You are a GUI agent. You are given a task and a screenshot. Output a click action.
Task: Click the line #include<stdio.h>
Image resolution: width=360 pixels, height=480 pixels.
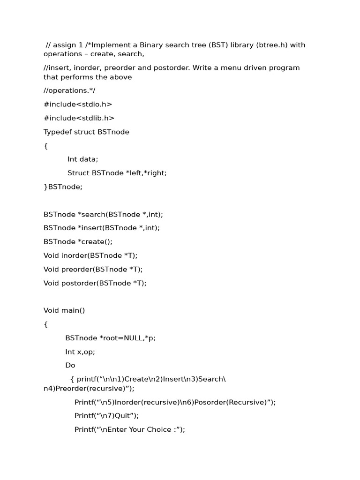tap(78, 105)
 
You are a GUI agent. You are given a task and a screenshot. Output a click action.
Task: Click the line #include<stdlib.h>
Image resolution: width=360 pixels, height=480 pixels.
tap(79, 118)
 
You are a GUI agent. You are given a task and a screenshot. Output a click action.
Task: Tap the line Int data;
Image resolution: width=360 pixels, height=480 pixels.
tap(82, 159)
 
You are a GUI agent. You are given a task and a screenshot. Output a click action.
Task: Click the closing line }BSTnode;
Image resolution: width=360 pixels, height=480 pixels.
tap(63, 187)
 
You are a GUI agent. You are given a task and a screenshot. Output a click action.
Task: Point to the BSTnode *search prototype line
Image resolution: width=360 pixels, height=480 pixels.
tap(103, 214)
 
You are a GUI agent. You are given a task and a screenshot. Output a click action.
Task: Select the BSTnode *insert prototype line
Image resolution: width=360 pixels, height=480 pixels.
tap(102, 228)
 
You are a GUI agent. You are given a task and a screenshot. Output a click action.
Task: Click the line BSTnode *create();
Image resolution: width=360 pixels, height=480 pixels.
tap(78, 242)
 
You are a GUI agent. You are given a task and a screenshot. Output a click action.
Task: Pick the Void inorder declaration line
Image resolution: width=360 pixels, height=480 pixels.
tap(90, 255)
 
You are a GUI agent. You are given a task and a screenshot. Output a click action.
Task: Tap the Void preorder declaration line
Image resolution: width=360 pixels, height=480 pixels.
tap(93, 269)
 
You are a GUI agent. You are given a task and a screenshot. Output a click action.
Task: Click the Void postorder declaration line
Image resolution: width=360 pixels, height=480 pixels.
tap(95, 283)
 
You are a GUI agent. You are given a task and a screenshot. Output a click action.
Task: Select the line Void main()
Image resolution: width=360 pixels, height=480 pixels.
tap(64, 310)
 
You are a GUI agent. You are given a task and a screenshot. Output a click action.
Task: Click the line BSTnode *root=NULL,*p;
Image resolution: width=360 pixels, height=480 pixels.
tap(110, 338)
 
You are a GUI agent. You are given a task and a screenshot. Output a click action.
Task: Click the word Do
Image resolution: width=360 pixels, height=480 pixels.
tap(70, 365)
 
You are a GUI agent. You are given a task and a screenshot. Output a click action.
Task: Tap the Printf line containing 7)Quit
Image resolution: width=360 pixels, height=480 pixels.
tap(107, 415)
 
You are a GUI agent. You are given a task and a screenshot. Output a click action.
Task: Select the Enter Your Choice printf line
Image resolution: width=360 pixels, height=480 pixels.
tap(130, 429)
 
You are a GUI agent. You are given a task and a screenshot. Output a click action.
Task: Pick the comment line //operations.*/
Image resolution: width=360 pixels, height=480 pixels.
tap(69, 90)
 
